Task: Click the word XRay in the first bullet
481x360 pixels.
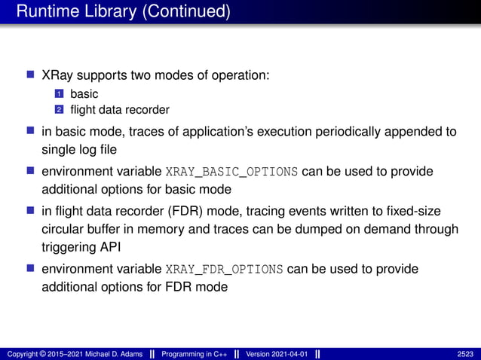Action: pos(57,76)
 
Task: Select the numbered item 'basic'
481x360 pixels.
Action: pos(84,94)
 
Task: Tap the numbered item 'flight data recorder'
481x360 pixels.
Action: pos(119,109)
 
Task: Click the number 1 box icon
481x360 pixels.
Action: pos(58,94)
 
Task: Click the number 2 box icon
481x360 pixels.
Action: pos(58,109)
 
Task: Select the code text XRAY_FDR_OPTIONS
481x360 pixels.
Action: pos(224,270)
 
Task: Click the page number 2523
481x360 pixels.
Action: pos(465,353)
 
